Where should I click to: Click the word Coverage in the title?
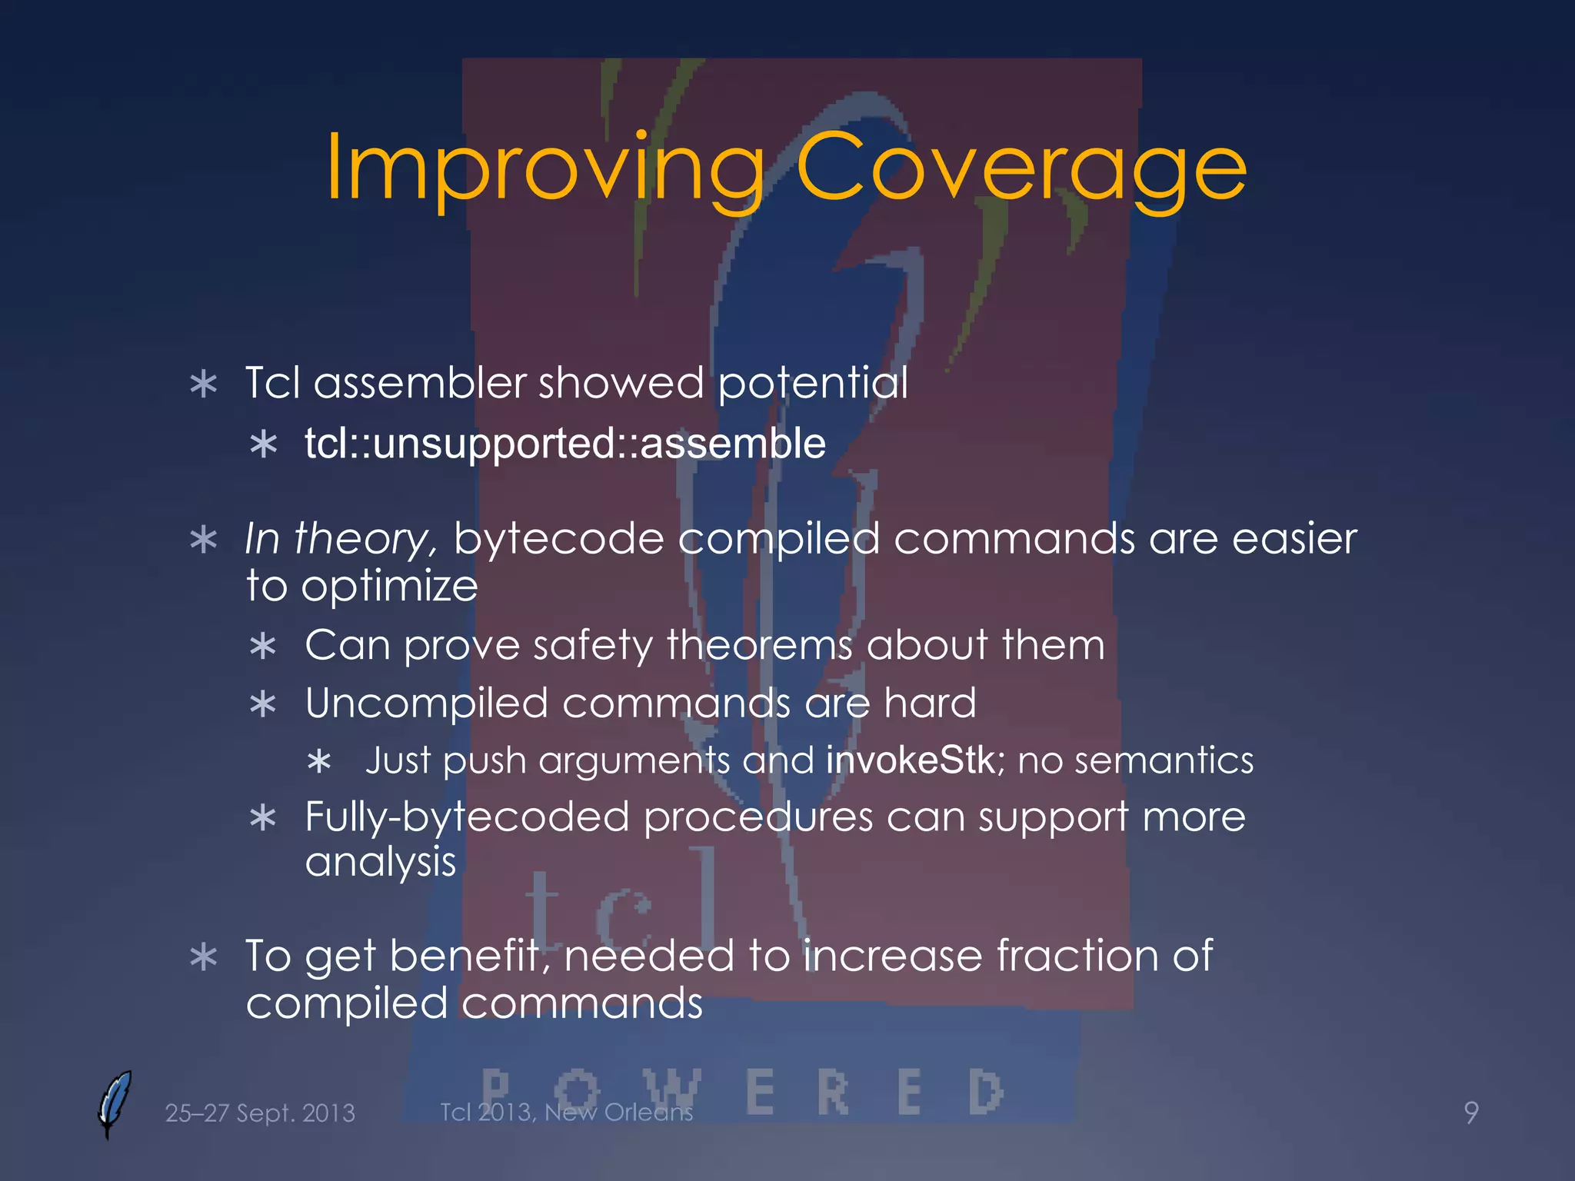click(x=1020, y=168)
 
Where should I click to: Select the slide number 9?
click(x=1470, y=1113)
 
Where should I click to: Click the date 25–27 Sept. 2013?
click(x=260, y=1113)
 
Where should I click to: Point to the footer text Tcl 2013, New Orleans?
click(x=566, y=1112)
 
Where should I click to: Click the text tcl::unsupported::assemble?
click(x=564, y=444)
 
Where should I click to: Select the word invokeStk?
click(x=911, y=760)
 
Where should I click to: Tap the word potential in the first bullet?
click(x=812, y=382)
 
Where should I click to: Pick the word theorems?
click(x=760, y=644)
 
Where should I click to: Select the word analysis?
click(x=381, y=862)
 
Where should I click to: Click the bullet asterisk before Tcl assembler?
click(x=204, y=384)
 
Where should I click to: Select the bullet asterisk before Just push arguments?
click(x=318, y=763)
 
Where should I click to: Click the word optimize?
click(x=389, y=587)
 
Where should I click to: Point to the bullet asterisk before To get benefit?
click(x=204, y=958)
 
